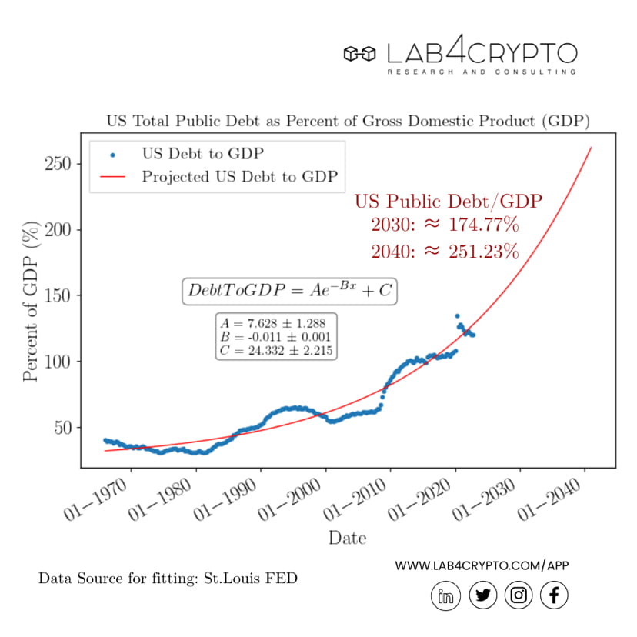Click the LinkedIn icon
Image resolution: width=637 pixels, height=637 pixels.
point(445,595)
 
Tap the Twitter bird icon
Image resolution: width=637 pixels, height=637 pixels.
point(482,595)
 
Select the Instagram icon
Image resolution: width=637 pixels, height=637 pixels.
point(519,595)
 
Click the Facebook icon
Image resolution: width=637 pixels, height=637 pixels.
point(555,595)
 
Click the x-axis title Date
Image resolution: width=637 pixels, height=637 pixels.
point(347,537)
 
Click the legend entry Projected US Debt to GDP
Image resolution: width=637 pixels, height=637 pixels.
point(239,177)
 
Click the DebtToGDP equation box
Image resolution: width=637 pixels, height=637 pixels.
point(288,292)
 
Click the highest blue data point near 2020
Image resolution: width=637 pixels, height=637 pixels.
point(457,316)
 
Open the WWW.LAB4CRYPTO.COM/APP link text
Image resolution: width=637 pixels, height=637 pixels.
point(482,565)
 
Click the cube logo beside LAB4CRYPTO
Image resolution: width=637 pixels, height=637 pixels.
point(359,54)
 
